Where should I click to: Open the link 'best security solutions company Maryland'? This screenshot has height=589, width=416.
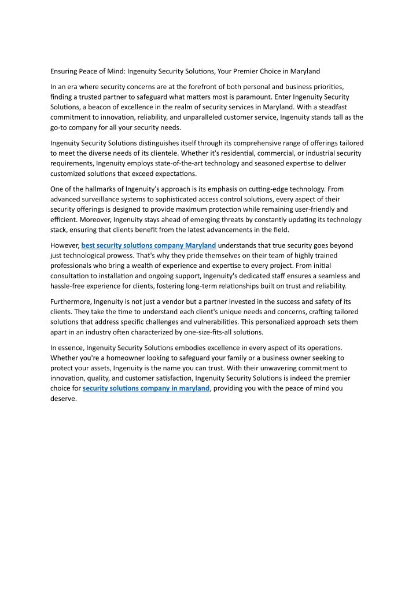coord(149,245)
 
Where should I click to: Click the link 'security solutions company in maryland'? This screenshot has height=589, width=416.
coord(146,388)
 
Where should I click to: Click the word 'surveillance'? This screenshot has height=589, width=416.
coord(106,199)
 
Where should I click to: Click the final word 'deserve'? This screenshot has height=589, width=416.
coord(63,399)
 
